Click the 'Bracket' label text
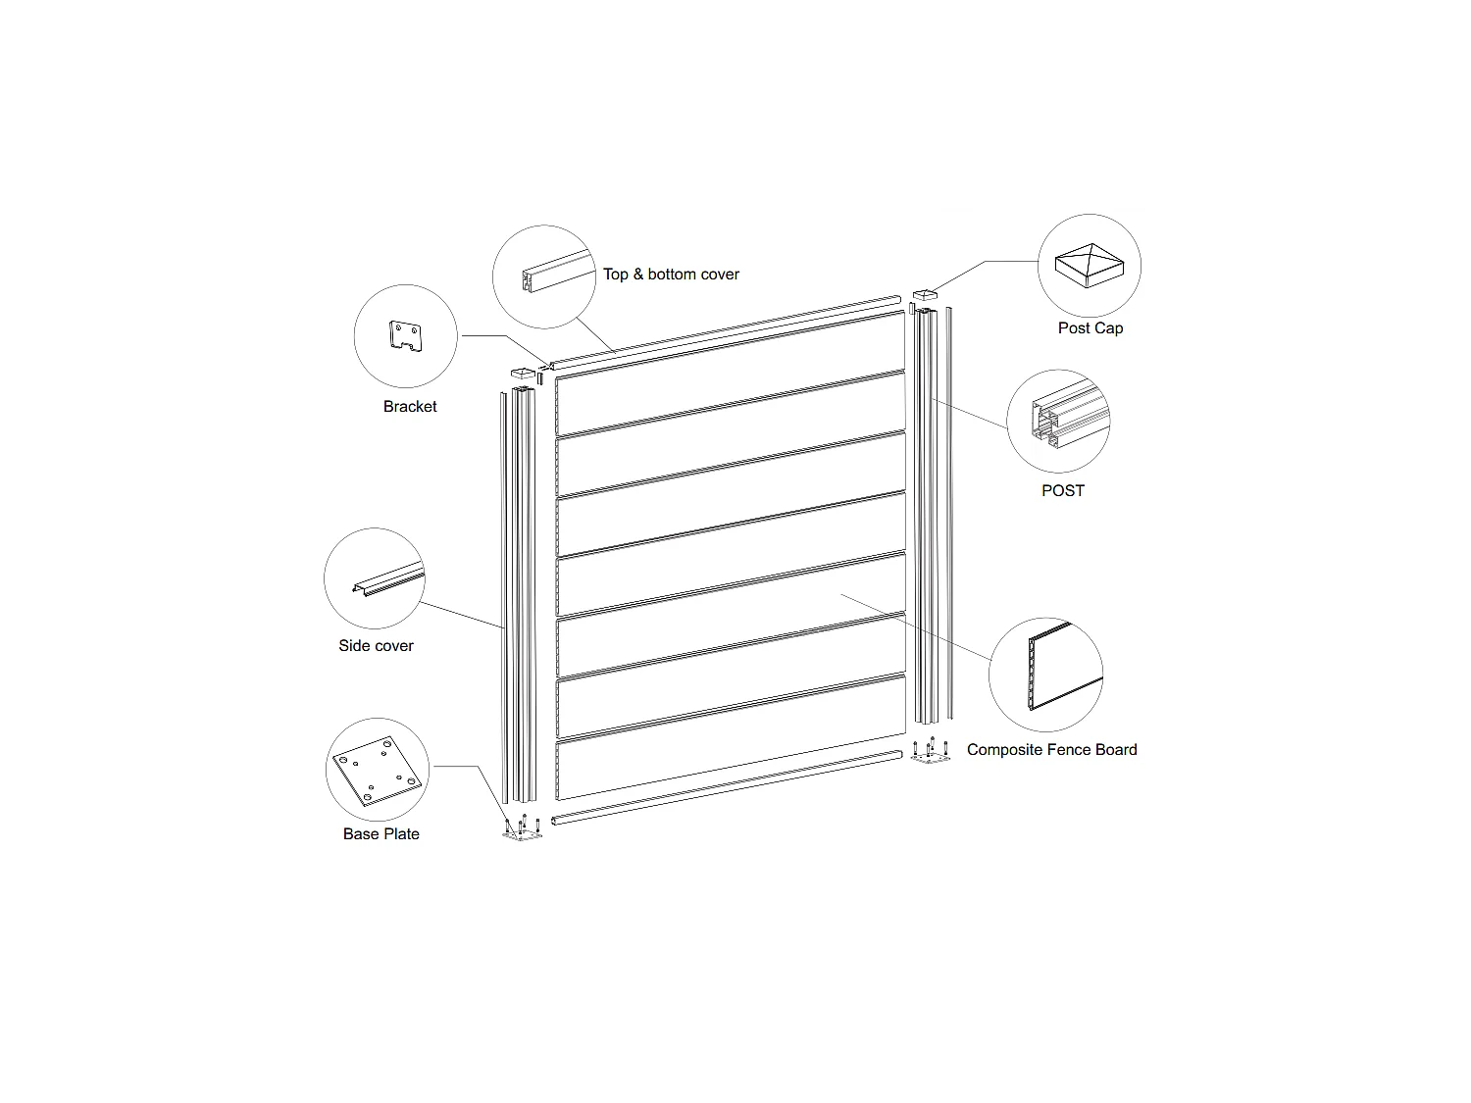pos(410,407)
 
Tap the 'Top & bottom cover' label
pos(671,275)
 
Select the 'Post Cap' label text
pos(1091,328)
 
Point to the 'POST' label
pos(1063,491)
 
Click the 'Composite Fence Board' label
pos(1051,750)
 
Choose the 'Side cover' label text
pos(376,645)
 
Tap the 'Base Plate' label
pos(380,833)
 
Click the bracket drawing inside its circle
pos(405,336)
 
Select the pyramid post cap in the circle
pos(1089,265)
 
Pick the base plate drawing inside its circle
pos(378,771)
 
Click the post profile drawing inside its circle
pos(1070,414)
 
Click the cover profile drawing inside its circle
pos(558,272)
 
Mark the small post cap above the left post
pos(523,373)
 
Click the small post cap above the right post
pos(925,295)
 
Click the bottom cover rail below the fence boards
pos(727,787)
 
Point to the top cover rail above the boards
pos(725,332)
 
